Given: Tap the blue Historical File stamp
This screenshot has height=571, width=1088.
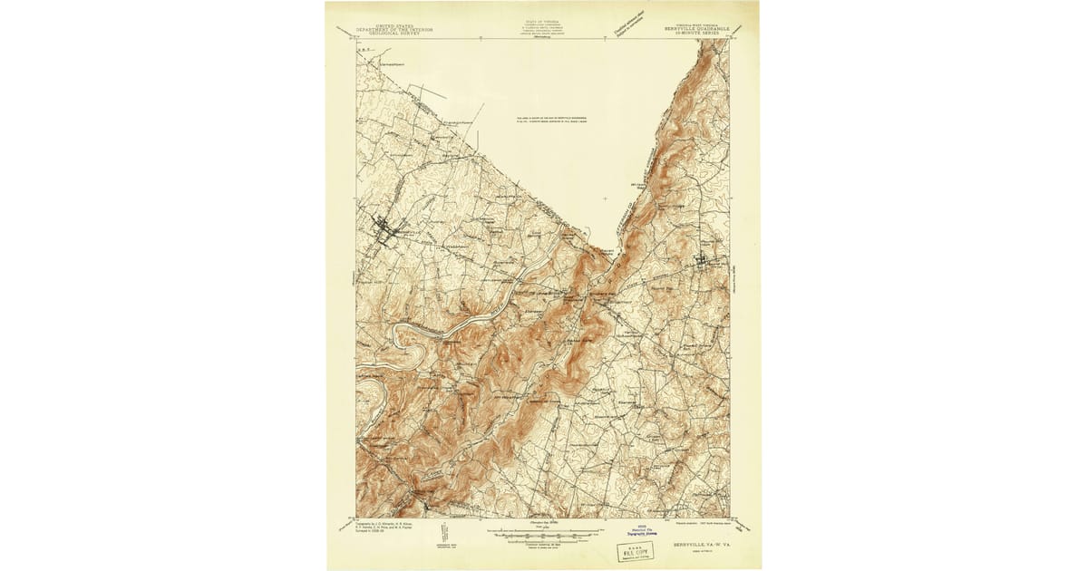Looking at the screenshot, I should point(639,535).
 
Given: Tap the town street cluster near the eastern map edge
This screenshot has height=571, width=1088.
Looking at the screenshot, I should point(706,262).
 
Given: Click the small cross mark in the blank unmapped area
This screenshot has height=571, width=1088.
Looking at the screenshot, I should point(606,198).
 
